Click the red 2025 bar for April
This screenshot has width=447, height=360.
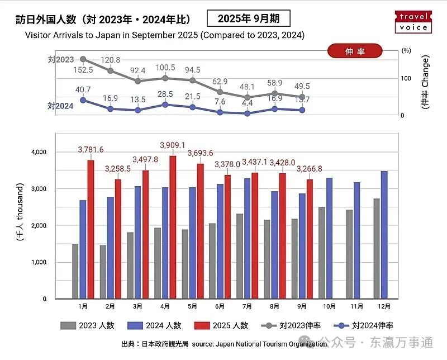(173, 228)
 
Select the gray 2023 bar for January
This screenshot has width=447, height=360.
(75, 272)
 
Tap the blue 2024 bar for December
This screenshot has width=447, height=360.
(384, 235)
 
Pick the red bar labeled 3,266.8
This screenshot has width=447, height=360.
(310, 239)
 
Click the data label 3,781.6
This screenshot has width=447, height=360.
(91, 149)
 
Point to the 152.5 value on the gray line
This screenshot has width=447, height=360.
(83, 70)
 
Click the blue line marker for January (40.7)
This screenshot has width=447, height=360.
(83, 100)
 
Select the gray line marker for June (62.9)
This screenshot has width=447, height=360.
(220, 92)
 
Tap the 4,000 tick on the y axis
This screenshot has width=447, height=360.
(39, 152)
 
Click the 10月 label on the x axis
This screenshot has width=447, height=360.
(329, 306)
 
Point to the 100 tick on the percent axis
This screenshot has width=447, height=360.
(406, 78)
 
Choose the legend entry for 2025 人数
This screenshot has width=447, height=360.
(221, 325)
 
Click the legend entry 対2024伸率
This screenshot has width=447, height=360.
(363, 325)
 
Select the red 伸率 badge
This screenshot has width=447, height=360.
(355, 51)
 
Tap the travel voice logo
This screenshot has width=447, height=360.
(413, 22)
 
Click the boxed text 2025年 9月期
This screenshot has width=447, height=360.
(249, 18)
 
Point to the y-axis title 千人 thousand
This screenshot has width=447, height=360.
(20, 212)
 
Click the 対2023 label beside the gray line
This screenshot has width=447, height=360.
(61, 60)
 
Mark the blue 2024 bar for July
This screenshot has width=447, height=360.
(247, 239)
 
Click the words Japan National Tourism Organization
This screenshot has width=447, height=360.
(271, 344)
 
